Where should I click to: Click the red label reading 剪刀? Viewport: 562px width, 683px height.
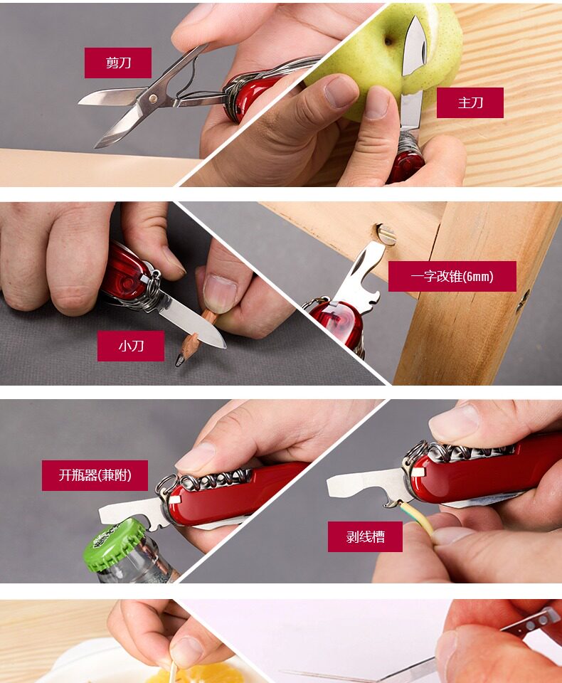tap(118, 63)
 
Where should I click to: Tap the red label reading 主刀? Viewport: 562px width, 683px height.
tap(470, 102)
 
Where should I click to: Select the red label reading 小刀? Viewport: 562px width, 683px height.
tap(131, 346)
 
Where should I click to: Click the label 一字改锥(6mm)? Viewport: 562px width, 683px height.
tap(452, 276)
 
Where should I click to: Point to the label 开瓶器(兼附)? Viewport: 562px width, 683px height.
tap(95, 475)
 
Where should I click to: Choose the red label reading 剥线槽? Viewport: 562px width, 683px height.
tap(365, 536)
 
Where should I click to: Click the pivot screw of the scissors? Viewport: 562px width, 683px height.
tap(152, 97)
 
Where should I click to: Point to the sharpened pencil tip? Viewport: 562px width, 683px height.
tap(179, 361)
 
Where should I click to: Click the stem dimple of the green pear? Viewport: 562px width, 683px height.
tap(388, 41)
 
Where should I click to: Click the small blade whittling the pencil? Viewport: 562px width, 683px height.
tap(191, 322)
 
